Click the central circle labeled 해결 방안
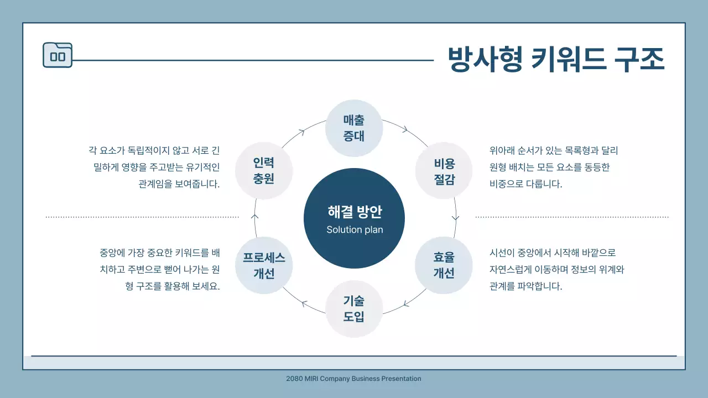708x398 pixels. tap(354, 218)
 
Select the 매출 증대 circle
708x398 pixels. tap(354, 128)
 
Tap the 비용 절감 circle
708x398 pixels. tap(444, 171)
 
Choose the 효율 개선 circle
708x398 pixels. tap(444, 265)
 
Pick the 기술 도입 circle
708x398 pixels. tap(354, 308)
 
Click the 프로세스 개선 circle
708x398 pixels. tap(264, 265)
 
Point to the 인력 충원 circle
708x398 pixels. tap(264, 171)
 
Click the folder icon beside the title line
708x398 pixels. tap(58, 55)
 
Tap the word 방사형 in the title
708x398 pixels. tap(485, 59)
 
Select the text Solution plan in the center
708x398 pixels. tap(355, 230)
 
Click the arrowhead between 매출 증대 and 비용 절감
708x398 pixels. tap(405, 130)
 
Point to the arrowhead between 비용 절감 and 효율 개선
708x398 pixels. tap(455, 217)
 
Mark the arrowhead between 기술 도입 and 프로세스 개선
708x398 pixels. tap(303, 303)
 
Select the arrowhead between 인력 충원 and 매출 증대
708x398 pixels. tap(301, 132)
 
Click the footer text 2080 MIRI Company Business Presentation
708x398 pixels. tap(354, 379)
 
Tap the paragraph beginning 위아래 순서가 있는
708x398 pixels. tap(554, 167)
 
